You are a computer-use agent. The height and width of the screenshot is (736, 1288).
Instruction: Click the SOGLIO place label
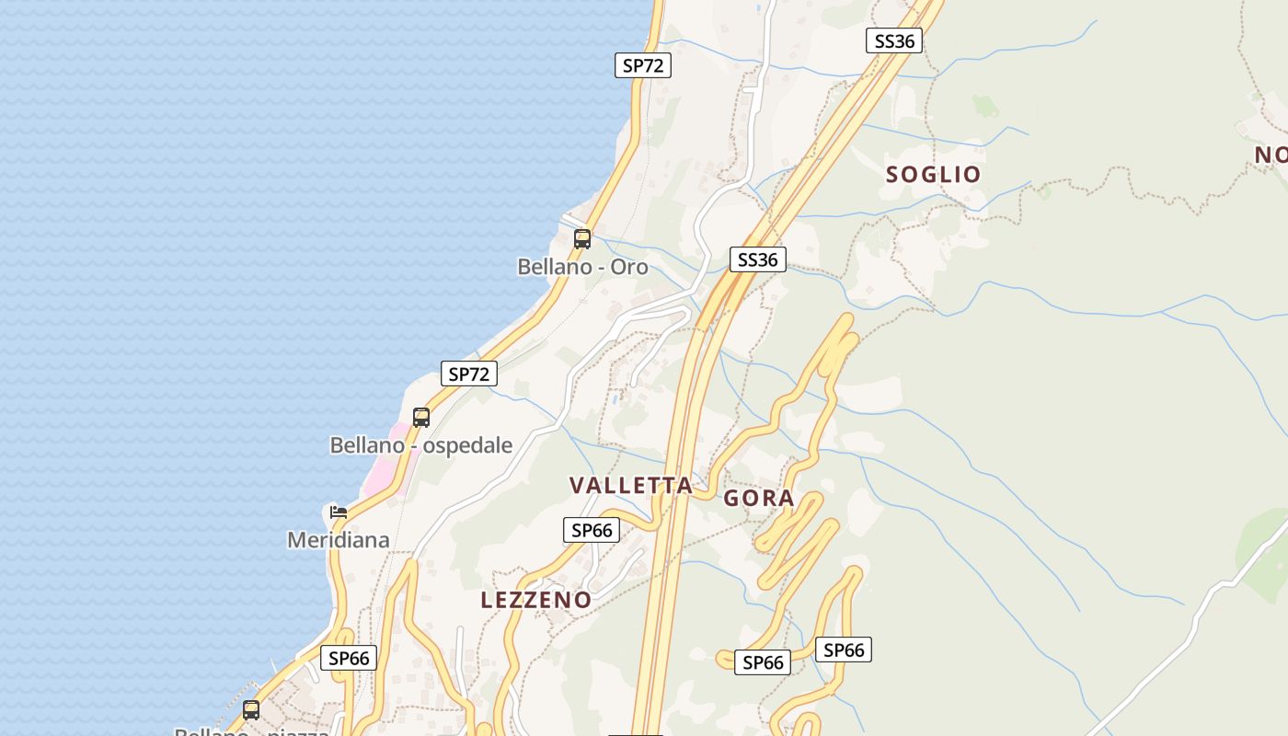pyautogui.click(x=933, y=174)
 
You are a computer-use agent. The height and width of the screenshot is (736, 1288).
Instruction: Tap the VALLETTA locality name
pyautogui.click(x=630, y=486)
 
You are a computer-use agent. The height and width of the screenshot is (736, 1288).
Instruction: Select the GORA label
pyautogui.click(x=758, y=499)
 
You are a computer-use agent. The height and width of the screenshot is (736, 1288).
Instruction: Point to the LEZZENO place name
pyautogui.click(x=536, y=600)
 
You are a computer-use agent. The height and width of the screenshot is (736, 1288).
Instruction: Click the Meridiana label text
pyautogui.click(x=338, y=540)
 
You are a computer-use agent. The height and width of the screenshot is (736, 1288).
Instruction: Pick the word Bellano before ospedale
pyautogui.click(x=367, y=445)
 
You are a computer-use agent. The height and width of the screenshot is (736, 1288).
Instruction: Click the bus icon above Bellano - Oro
pyautogui.click(x=582, y=239)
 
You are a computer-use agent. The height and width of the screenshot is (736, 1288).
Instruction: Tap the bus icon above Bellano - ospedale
pyautogui.click(x=421, y=417)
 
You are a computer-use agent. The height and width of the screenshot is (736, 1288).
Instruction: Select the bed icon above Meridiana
pyautogui.click(x=339, y=512)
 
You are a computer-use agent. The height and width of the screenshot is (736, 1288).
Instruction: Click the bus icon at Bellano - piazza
pyautogui.click(x=251, y=709)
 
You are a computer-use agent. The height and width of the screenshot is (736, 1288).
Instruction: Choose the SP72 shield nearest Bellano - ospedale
pyautogui.click(x=469, y=374)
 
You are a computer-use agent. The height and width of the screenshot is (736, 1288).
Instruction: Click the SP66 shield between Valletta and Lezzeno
pyautogui.click(x=591, y=530)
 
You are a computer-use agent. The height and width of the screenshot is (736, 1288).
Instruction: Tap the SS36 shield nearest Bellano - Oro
pyautogui.click(x=758, y=259)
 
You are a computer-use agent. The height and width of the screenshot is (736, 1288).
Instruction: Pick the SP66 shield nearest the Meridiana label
pyautogui.click(x=349, y=658)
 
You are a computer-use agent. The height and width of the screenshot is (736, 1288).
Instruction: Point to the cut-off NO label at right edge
pyautogui.click(x=1271, y=155)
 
